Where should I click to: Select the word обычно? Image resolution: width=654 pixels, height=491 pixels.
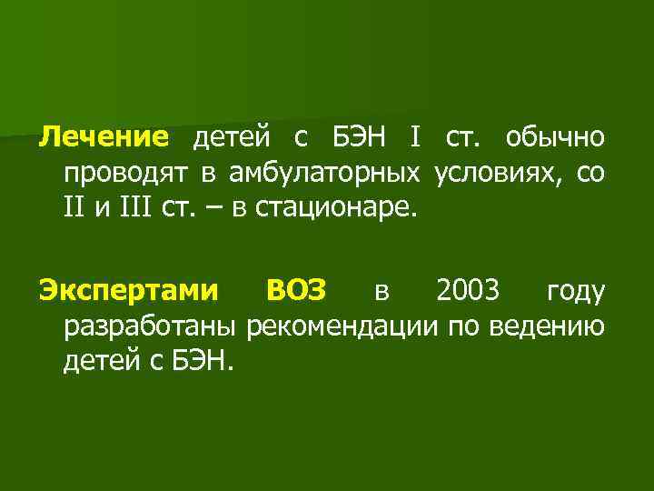click(x=554, y=137)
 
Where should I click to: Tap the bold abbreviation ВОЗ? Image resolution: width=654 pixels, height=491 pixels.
click(x=299, y=291)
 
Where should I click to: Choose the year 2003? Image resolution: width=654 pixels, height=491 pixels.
click(x=467, y=291)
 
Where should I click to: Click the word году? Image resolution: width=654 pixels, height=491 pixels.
click(x=576, y=291)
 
